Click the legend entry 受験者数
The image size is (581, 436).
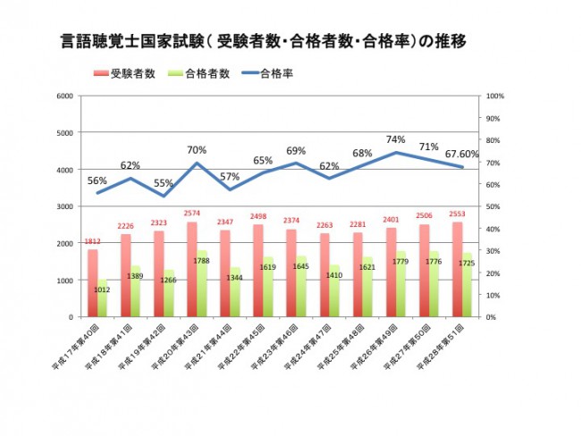(x=125, y=73)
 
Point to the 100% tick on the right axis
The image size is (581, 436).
(x=496, y=96)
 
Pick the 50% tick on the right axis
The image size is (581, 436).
(x=494, y=206)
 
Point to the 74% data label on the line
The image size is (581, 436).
(x=396, y=140)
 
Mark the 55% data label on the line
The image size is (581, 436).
(x=164, y=183)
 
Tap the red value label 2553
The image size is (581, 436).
(x=457, y=214)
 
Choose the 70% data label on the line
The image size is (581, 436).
(x=197, y=150)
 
